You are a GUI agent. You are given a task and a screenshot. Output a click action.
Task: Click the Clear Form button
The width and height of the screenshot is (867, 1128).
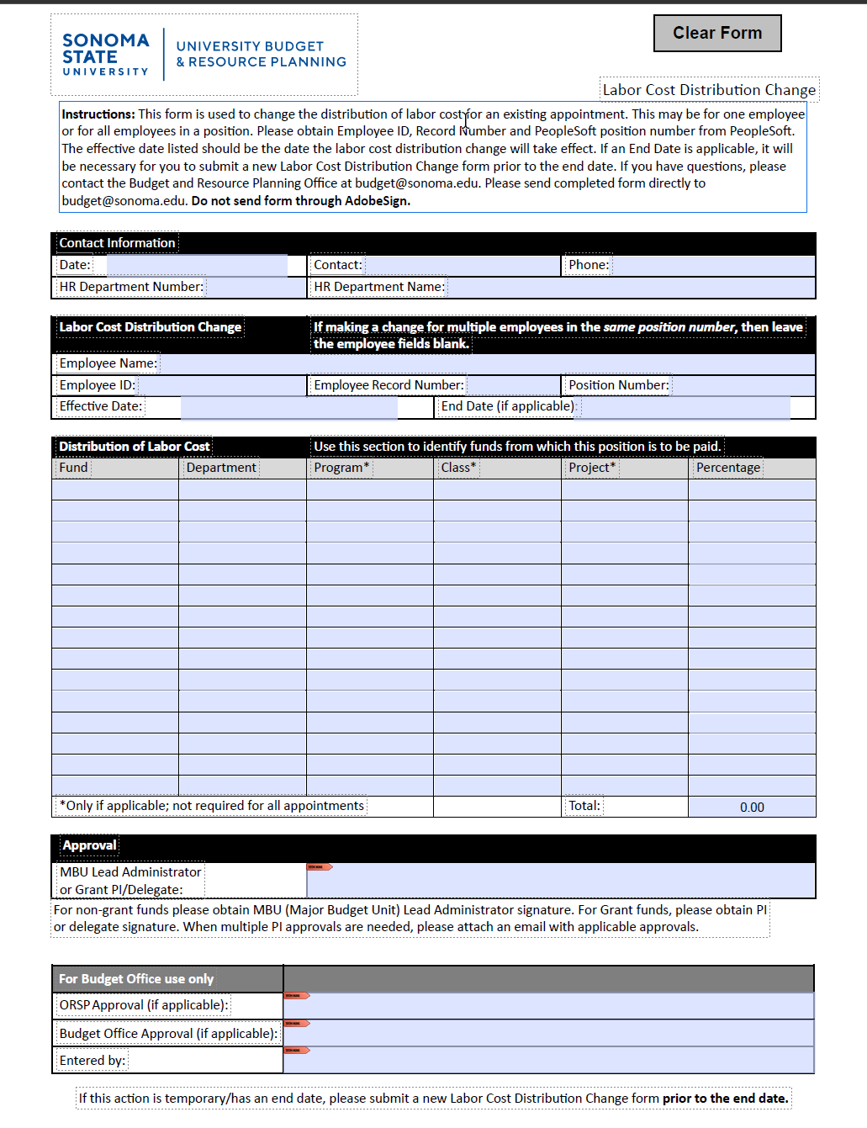tap(717, 34)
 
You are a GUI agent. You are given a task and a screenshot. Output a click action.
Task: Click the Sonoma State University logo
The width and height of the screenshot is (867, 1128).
tap(106, 55)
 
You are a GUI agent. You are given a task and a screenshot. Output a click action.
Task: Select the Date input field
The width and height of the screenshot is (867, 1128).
tap(197, 266)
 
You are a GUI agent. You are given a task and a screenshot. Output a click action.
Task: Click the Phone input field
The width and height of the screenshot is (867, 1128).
tap(713, 266)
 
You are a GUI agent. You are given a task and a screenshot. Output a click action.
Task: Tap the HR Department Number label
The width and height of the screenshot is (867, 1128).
tap(131, 287)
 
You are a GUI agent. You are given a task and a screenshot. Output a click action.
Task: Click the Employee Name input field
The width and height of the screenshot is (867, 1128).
tap(486, 363)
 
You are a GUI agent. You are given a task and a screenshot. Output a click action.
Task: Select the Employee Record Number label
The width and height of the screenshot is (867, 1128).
tap(389, 385)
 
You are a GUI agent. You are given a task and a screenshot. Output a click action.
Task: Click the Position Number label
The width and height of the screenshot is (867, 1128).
tap(618, 385)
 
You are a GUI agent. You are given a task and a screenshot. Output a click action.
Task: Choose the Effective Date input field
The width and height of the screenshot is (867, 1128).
tap(288, 407)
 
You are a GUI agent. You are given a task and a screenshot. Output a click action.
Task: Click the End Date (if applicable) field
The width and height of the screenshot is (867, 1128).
tap(685, 407)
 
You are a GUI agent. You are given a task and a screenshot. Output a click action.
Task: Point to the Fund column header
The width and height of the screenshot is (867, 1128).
tap(74, 468)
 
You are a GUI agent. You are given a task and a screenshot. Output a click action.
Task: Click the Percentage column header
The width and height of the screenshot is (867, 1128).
tap(728, 468)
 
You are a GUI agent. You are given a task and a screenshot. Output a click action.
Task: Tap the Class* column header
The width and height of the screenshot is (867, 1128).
tap(458, 468)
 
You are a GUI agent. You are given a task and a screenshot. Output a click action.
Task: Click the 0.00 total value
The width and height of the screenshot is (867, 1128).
tap(752, 808)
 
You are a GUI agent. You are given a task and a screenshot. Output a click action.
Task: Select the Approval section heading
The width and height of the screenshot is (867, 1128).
tap(89, 845)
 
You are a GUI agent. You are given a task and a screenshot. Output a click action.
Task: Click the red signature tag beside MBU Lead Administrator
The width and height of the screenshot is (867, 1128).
tap(320, 866)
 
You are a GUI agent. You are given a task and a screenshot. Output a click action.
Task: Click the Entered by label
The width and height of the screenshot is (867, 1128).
tap(92, 1061)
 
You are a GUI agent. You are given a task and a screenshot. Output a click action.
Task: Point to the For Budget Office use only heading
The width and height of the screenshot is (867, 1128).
tap(136, 979)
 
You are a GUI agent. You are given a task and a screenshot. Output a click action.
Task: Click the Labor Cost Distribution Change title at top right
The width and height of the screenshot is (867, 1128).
tap(709, 90)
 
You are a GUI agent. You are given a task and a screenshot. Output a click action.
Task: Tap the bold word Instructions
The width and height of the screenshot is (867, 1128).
tap(98, 114)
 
